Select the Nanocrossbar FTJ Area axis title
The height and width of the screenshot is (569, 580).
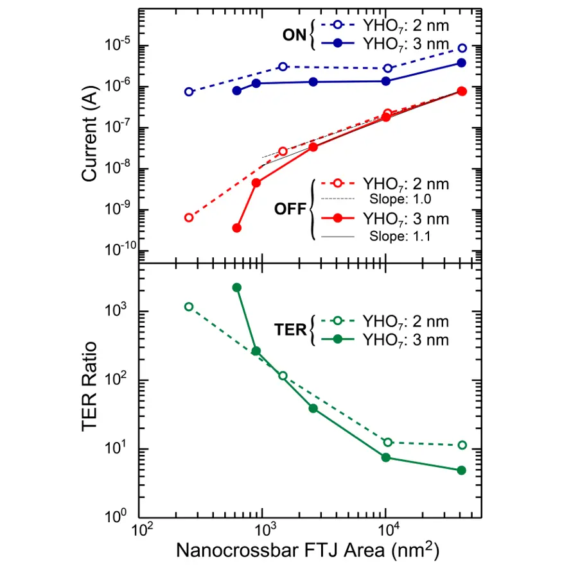coord(308,550)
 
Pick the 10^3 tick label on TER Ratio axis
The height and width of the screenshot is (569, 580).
coord(121,311)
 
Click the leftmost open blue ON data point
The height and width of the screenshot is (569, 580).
coord(189,92)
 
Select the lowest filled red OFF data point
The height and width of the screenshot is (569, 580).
coord(236,228)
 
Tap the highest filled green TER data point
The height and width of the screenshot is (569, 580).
coord(236,287)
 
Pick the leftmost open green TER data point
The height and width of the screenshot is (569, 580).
coord(189,307)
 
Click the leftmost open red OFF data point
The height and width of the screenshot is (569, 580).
coord(189,217)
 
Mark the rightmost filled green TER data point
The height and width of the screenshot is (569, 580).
coord(461,470)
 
